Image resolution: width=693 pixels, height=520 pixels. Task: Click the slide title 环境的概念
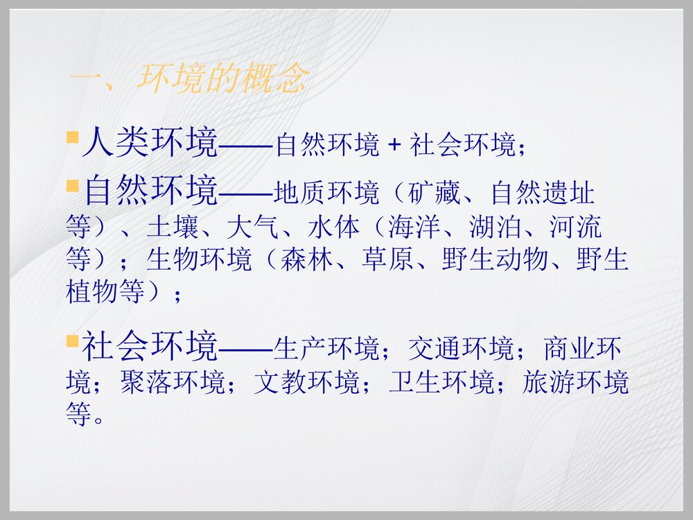coord(222,80)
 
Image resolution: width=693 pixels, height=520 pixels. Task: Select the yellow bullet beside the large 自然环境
coord(71,186)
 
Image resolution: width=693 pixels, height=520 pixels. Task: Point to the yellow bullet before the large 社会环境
coord(71,341)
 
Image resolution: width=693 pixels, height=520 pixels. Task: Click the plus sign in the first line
coord(394,145)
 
